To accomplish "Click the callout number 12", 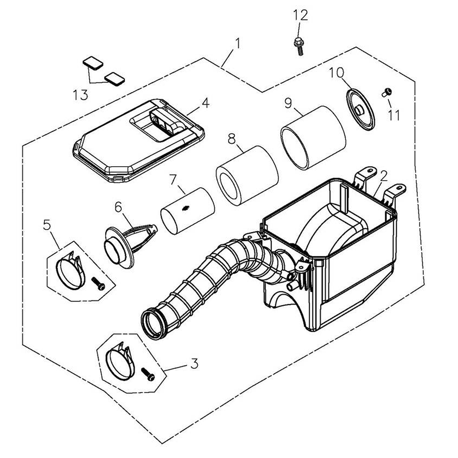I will pos(300,15).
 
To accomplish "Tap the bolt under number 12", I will pos(298,46).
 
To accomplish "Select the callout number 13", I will pos(80,95).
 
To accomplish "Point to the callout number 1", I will pos(237,44).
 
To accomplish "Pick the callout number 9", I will pos(288,103).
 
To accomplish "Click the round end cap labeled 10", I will pos(360,110).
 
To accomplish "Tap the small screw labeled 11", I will pos(386,93).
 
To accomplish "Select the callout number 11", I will pos(393,114).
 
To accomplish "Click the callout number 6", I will pos(118,207).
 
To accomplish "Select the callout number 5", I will pos(47,224).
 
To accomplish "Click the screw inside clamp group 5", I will pos(98,284).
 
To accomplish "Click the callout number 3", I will pos(194,365).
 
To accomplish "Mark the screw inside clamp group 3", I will pos(149,374).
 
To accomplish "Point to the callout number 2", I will pos(384,174).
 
